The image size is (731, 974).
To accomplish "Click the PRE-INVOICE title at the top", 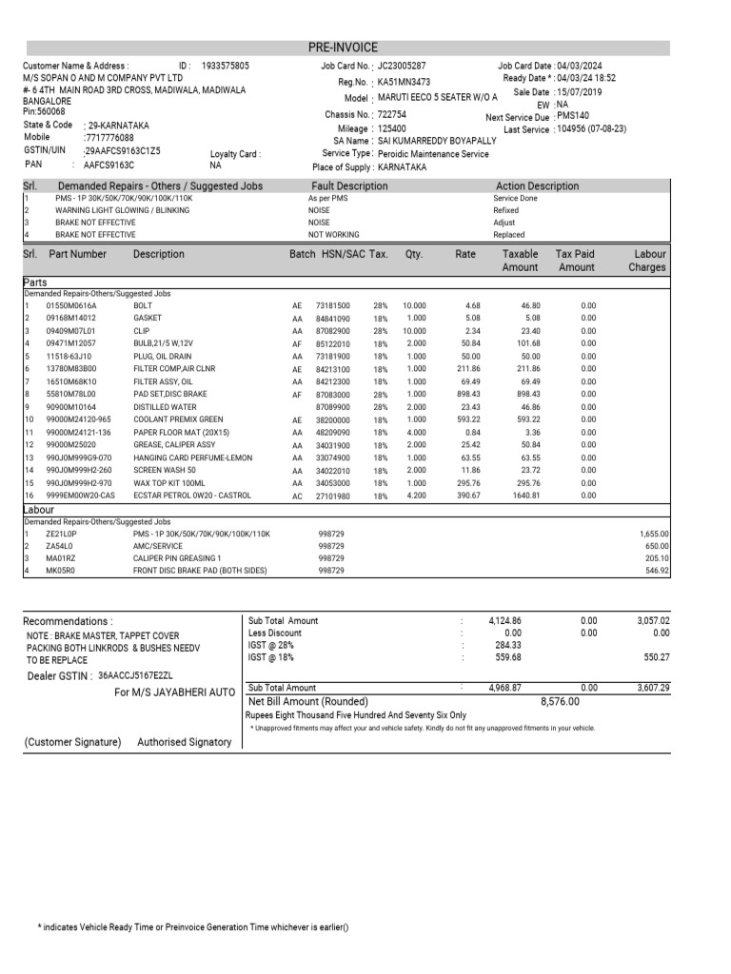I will (x=343, y=48).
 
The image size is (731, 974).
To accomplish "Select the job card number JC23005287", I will (x=402, y=67).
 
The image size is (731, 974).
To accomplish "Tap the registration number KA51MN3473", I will (x=404, y=83).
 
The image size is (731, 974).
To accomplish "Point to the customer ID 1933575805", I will (x=225, y=66).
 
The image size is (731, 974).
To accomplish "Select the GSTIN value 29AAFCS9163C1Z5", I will (x=123, y=150).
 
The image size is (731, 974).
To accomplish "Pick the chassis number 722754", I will (x=392, y=114).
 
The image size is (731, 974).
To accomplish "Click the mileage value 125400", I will (x=392, y=127).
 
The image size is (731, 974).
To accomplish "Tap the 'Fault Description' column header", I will (x=349, y=186).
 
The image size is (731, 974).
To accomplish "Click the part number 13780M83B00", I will (x=72, y=368).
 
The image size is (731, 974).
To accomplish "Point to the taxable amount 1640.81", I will (x=526, y=496).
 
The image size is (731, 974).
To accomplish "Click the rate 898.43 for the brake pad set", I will (x=465, y=394).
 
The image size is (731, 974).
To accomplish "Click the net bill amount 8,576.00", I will (x=560, y=702).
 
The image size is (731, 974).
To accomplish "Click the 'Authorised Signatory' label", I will (x=184, y=742).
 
